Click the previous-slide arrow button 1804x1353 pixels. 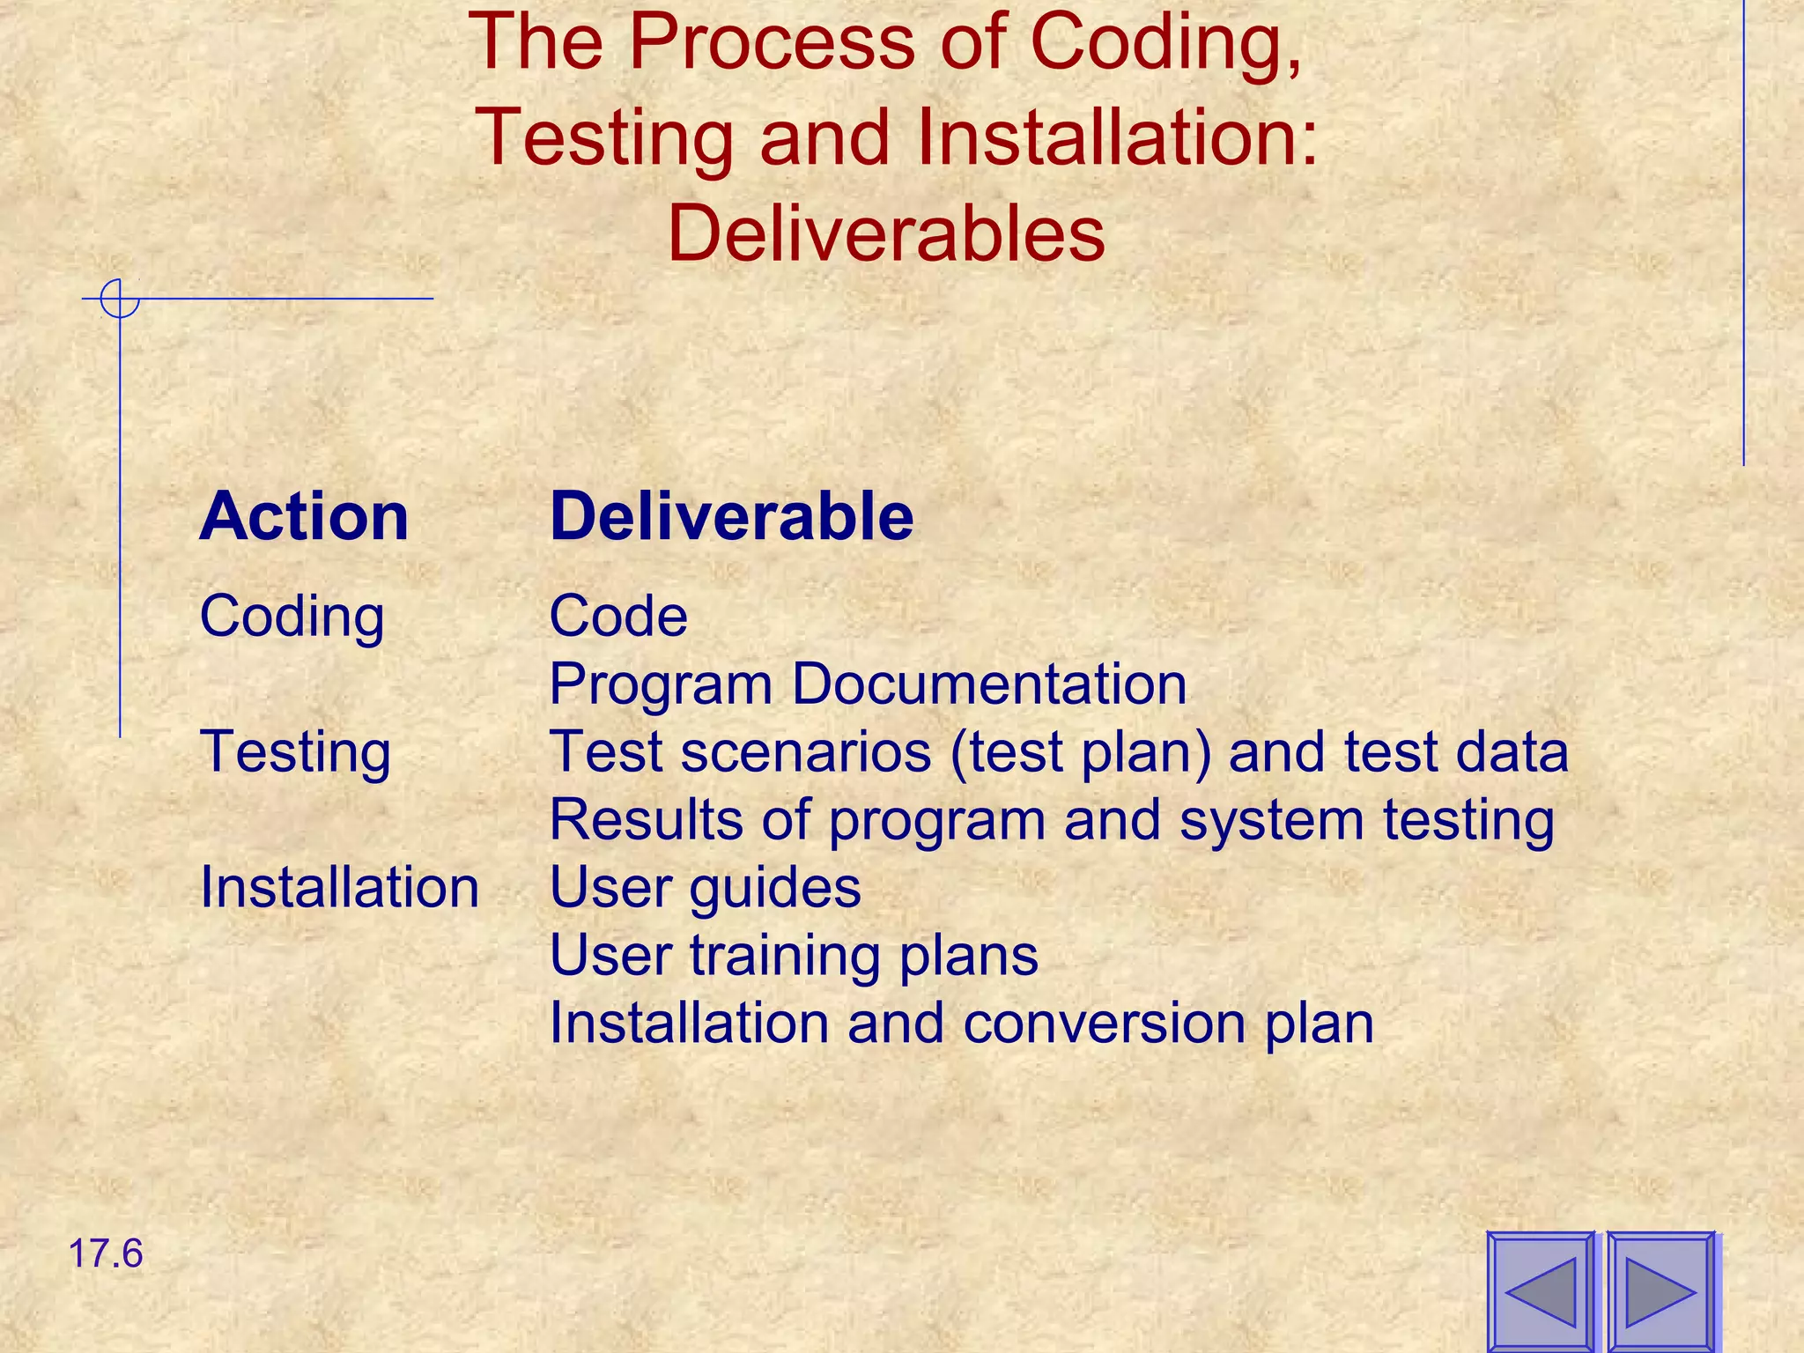pyautogui.click(x=1541, y=1291)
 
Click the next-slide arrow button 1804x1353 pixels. pyautogui.click(x=1660, y=1291)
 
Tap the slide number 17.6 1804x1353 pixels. pyautogui.click(x=105, y=1253)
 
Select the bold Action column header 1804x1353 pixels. pyautogui.click(x=304, y=516)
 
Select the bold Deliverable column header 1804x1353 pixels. pyautogui.click(x=731, y=516)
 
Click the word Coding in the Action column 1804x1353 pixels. pyautogui.click(x=292, y=617)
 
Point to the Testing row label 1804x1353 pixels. pyautogui.click(x=295, y=753)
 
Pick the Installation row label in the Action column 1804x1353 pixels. pyautogui.click(x=339, y=887)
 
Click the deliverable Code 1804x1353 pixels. pyautogui.click(x=618, y=616)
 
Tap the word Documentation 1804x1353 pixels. pyautogui.click(x=989, y=684)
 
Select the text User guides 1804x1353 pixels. pyautogui.click(x=705, y=888)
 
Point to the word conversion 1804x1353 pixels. pyautogui.click(x=1105, y=1024)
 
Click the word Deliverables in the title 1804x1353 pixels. pyautogui.click(x=886, y=233)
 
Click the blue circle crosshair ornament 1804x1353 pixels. pyautogui.click(x=119, y=298)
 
